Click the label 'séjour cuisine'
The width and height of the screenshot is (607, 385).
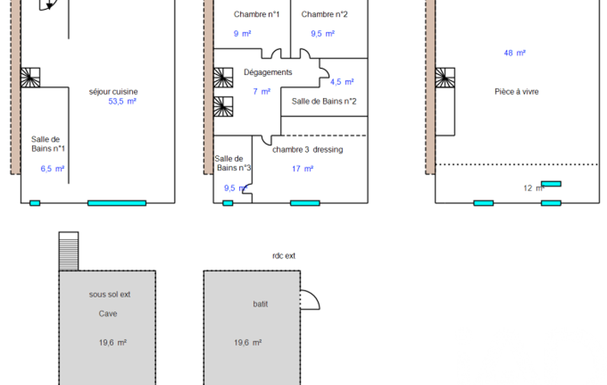click(113, 92)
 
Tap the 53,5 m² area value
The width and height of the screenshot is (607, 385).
click(122, 101)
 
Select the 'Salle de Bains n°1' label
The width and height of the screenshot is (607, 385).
click(48, 144)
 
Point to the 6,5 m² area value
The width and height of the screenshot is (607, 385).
click(52, 169)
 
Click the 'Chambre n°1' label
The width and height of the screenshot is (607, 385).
click(256, 14)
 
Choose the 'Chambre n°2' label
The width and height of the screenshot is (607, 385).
click(324, 14)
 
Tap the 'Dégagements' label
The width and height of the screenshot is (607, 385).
click(268, 72)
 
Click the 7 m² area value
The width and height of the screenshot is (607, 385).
click(262, 92)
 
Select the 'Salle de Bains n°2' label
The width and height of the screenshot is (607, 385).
click(324, 101)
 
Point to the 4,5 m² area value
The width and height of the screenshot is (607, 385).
click(342, 82)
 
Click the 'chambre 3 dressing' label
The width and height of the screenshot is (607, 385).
click(307, 150)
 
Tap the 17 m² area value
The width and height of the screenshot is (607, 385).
click(303, 169)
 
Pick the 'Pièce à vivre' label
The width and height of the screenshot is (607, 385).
click(516, 92)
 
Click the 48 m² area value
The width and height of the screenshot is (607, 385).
click(515, 53)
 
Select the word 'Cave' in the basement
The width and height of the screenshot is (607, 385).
click(108, 314)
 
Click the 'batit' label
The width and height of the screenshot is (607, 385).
click(260, 304)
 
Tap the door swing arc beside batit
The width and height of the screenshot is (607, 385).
click(310, 300)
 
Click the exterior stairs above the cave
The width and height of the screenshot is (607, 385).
click(69, 251)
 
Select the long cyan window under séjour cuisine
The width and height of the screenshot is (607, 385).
click(117, 203)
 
